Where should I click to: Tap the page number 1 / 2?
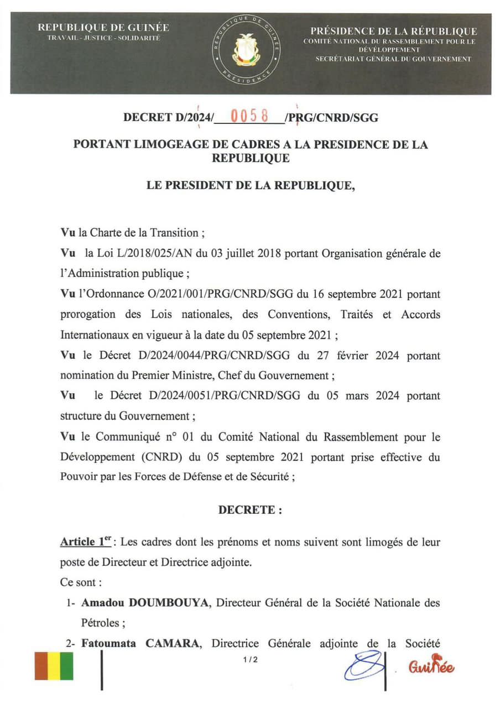point(250,659)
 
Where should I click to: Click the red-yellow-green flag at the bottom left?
point(54,666)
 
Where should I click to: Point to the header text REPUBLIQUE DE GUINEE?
point(103,28)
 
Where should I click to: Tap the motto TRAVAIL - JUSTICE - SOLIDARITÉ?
point(103,38)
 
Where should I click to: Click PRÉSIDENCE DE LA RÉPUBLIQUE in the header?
point(393,31)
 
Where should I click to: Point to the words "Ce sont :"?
point(81,582)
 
